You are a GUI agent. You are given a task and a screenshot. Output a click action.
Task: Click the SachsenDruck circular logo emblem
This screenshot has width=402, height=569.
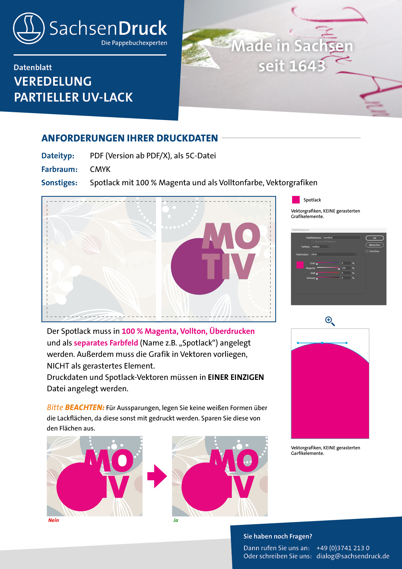tap(29, 28)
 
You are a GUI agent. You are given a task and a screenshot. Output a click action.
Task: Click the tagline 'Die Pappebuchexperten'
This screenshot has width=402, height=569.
tap(134, 43)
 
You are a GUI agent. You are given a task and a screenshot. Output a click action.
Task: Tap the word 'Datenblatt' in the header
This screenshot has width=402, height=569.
tap(33, 67)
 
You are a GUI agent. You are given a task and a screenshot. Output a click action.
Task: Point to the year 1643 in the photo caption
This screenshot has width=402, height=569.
tap(307, 66)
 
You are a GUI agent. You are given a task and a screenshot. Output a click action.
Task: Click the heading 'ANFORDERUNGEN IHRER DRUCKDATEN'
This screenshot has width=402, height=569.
tap(130, 138)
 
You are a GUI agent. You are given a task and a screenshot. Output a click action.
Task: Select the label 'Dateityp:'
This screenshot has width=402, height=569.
tap(58, 156)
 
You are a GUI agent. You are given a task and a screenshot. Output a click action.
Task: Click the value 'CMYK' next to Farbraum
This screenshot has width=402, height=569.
tap(100, 169)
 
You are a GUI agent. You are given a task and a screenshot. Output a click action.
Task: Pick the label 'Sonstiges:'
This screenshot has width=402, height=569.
tap(59, 183)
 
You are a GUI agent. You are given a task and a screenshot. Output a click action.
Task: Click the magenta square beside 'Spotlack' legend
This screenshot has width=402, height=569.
tap(296, 200)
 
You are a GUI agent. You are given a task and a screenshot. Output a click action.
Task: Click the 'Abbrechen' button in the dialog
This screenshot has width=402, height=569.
tap(374, 245)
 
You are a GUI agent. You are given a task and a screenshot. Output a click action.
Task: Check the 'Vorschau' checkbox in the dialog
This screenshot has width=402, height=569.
tap(367, 251)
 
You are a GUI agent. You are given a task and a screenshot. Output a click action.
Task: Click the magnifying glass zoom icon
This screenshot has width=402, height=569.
tap(330, 321)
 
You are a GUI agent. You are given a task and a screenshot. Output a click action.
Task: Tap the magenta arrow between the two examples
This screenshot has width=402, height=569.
tap(157, 476)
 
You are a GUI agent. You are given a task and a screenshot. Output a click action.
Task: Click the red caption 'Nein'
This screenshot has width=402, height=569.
tap(53, 520)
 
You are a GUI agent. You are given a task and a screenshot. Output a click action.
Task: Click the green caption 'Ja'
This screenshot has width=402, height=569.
tap(176, 520)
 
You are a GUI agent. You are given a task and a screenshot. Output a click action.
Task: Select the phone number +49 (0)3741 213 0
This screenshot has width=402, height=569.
tap(343, 548)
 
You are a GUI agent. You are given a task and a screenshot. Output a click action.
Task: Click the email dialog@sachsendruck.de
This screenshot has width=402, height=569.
tap(353, 556)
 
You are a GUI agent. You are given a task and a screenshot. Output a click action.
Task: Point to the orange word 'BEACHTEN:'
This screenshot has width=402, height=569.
tap(85, 407)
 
